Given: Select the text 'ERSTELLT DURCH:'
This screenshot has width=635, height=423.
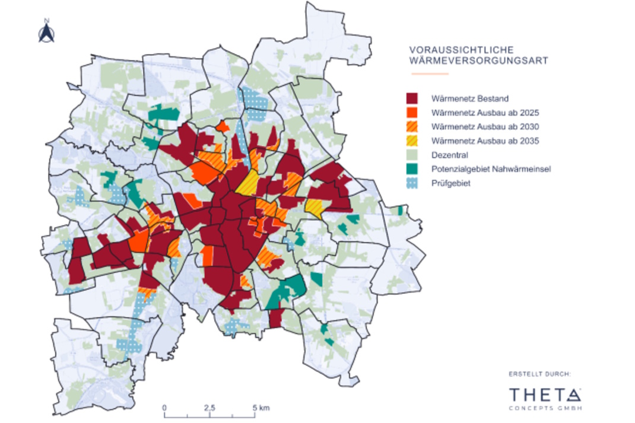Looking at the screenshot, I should pos(540,374).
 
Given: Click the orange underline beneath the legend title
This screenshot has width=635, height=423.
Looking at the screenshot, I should pos(430,74).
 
